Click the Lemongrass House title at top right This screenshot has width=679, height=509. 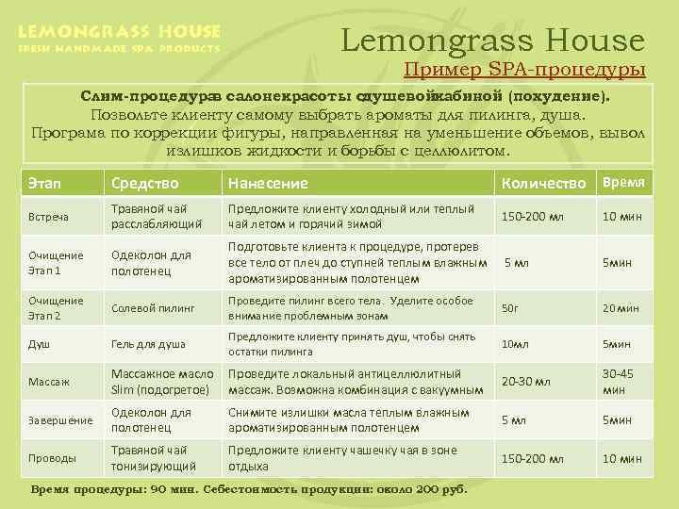(x=492, y=41)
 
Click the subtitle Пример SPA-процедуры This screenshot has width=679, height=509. (x=524, y=70)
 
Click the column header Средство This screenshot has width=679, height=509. (x=143, y=182)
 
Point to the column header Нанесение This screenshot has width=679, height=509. (x=268, y=182)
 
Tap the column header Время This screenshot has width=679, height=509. (x=624, y=181)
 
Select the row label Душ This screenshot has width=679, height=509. (x=40, y=344)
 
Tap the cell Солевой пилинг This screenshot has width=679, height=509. (x=152, y=307)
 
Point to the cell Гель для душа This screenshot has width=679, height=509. (x=148, y=344)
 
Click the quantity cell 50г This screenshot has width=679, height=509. (x=510, y=307)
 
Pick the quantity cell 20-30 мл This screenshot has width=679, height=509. (x=525, y=382)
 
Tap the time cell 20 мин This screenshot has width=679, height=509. (x=621, y=307)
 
